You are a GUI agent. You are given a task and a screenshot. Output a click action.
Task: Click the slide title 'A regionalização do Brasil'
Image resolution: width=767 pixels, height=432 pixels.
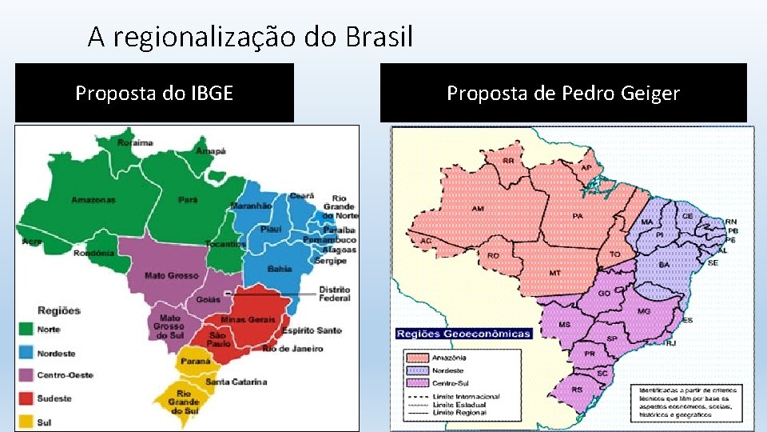click(x=250, y=36)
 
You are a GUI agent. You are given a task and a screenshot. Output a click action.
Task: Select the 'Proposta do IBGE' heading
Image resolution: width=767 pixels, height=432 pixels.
click(x=154, y=94)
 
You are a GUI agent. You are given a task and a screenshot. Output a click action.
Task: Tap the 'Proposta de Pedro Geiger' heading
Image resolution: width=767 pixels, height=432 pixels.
click(x=563, y=94)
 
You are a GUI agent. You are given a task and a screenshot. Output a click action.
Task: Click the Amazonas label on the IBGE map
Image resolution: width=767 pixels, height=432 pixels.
click(x=93, y=199)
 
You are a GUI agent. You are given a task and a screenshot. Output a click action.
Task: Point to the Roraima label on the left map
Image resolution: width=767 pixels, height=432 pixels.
click(x=135, y=142)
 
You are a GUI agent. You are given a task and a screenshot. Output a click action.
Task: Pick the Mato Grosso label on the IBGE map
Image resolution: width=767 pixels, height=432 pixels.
click(x=171, y=275)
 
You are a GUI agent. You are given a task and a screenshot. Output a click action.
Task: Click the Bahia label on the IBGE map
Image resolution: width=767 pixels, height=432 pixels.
click(x=280, y=269)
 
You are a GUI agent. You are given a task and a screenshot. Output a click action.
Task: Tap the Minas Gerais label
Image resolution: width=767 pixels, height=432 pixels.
click(x=248, y=319)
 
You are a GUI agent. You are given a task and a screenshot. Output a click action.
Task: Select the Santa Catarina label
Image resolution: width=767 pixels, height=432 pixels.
click(x=236, y=382)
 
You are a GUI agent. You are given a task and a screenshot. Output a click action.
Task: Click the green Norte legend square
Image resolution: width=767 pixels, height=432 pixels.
click(x=26, y=328)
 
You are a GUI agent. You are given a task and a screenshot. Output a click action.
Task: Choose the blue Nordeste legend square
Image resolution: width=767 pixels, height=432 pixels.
click(x=26, y=351)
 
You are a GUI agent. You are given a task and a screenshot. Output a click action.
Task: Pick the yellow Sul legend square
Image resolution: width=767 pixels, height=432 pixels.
click(x=26, y=420)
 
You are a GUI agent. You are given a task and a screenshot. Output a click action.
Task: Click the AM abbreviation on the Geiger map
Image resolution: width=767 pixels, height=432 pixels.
click(x=478, y=209)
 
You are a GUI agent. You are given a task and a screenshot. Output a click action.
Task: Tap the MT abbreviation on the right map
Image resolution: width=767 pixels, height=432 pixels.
click(x=554, y=273)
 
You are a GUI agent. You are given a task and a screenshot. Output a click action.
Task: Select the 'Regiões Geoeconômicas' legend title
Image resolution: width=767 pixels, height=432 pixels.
click(x=463, y=334)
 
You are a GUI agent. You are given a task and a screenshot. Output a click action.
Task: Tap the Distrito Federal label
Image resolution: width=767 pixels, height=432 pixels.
click(x=334, y=294)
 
